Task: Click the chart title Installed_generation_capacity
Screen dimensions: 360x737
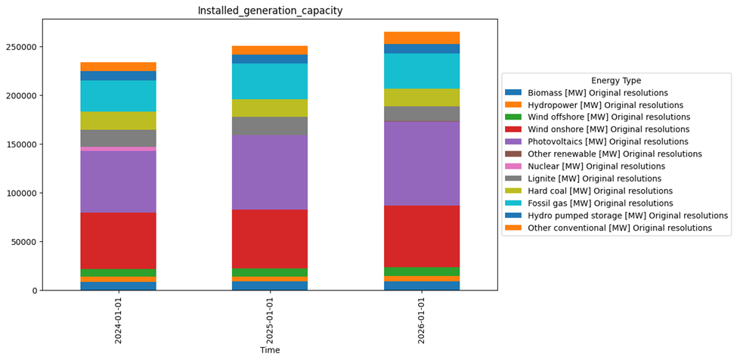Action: click(270, 11)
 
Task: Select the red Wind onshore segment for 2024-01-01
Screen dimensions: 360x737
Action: click(119, 241)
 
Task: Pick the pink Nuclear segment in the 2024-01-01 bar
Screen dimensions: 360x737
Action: click(119, 149)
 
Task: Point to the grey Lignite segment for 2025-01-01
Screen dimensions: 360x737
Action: click(270, 126)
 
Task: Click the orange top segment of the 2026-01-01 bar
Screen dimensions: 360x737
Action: click(422, 38)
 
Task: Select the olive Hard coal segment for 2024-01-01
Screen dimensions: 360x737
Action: click(119, 121)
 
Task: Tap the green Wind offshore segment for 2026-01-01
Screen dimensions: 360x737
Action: click(422, 272)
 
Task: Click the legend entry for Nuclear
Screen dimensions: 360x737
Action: click(596, 166)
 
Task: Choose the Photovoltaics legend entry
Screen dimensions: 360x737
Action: click(608, 141)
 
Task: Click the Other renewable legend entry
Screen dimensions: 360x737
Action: click(615, 154)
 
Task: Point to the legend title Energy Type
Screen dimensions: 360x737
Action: click(616, 81)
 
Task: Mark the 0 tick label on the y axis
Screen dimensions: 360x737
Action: click(33, 291)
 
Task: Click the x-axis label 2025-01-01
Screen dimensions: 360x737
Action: click(270, 321)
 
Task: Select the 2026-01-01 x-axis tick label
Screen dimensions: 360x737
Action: click(422, 321)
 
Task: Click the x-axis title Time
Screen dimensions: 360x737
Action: click(270, 351)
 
